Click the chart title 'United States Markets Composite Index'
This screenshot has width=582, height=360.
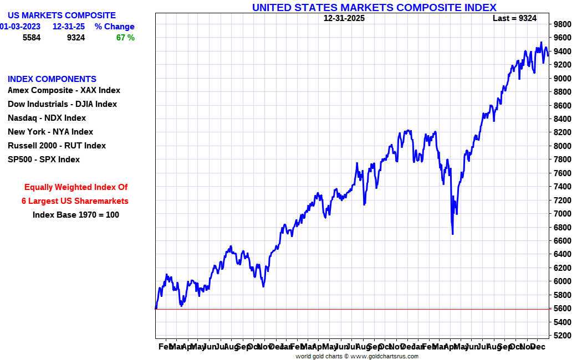[374, 7]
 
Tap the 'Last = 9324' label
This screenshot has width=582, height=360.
[514, 18]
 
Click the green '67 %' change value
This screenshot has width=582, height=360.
[125, 38]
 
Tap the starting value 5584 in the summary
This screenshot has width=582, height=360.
[32, 38]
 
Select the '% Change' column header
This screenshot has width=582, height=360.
[114, 27]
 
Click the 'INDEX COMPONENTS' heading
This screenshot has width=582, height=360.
[52, 79]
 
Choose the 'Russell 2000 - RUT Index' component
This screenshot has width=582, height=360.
[57, 146]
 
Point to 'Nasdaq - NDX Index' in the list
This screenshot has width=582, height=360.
[47, 118]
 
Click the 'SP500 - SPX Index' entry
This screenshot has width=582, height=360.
[44, 160]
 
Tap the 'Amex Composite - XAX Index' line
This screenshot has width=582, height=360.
[64, 90]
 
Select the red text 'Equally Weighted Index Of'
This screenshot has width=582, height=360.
[76, 187]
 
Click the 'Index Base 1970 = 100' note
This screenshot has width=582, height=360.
[76, 215]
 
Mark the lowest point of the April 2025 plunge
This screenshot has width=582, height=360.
[453, 234]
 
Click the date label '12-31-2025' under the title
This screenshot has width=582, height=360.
[344, 18]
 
